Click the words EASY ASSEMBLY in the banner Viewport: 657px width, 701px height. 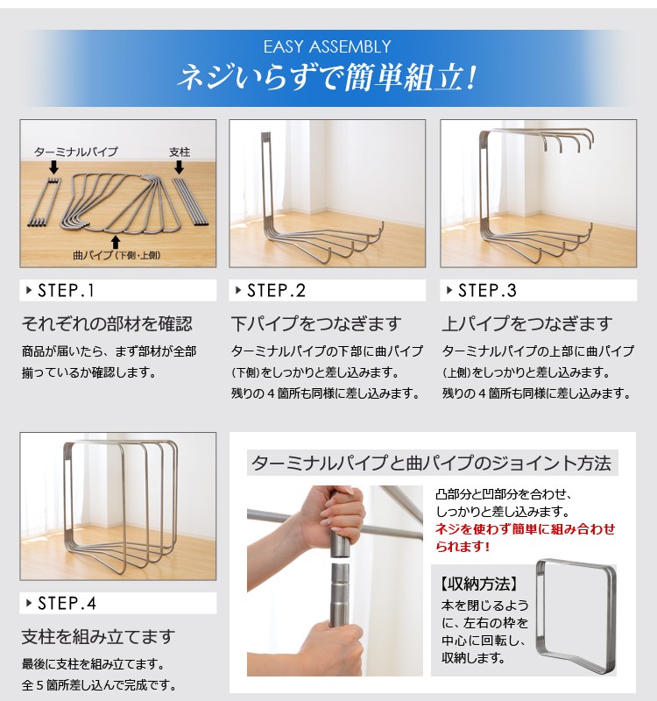pyautogui.click(x=327, y=47)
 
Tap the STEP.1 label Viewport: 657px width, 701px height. pyautogui.click(x=66, y=291)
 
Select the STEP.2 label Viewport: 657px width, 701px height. pyautogui.click(x=276, y=291)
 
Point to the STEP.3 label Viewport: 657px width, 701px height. pyautogui.click(x=487, y=291)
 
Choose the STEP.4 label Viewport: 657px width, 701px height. pyautogui.click(x=67, y=603)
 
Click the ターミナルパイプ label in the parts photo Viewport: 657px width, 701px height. pyautogui.click(x=76, y=152)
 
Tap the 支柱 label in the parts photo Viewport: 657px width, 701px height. pyautogui.click(x=180, y=152)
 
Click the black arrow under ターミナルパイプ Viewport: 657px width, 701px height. pyautogui.click(x=53, y=167)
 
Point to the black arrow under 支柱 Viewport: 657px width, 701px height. pyautogui.click(x=180, y=167)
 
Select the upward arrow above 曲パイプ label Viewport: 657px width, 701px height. pyautogui.click(x=116, y=243)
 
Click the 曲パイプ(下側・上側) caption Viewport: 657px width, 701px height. pyautogui.click(x=117, y=255)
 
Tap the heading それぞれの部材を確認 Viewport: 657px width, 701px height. pyautogui.click(x=107, y=323)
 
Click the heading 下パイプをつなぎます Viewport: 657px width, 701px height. pyautogui.click(x=316, y=323)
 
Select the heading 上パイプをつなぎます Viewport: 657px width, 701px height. pyautogui.click(x=527, y=323)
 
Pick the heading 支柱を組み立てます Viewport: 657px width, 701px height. pyautogui.click(x=98, y=637)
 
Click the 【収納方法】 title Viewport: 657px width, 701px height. pyautogui.click(x=478, y=584)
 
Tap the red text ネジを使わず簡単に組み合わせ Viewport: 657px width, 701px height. pyautogui.click(x=526, y=529)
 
